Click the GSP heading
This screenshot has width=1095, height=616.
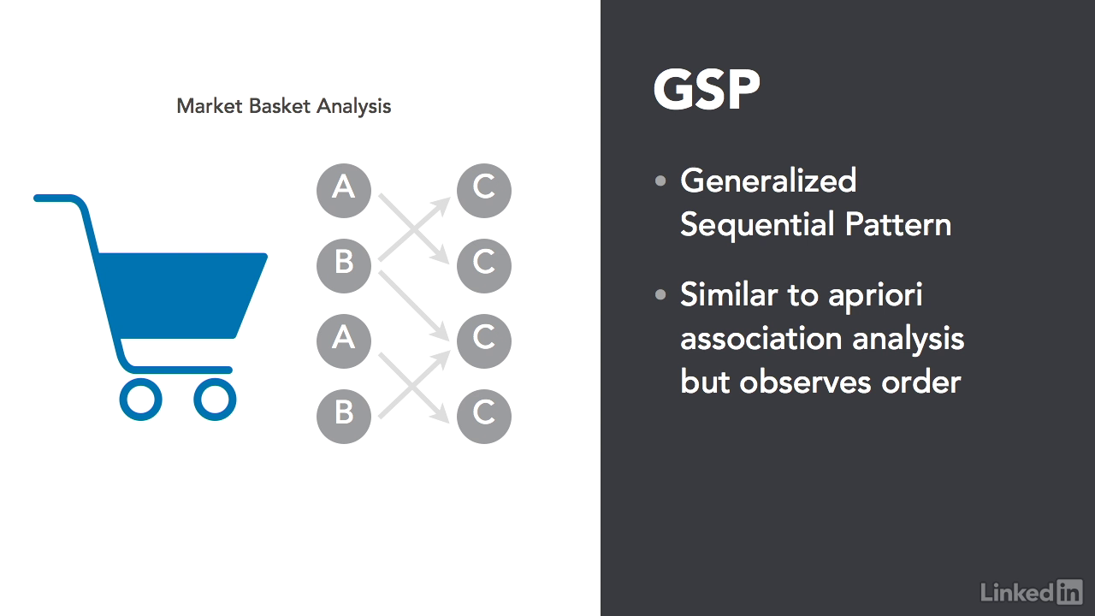click(x=707, y=89)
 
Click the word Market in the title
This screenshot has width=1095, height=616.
click(x=210, y=106)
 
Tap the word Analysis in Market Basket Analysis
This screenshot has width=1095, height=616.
click(x=354, y=107)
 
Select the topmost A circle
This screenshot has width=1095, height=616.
click(x=344, y=190)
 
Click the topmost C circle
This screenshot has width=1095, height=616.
click(x=484, y=190)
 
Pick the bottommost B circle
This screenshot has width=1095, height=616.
click(x=344, y=416)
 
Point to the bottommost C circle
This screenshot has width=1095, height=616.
click(x=484, y=416)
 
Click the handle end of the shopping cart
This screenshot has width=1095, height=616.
click(x=37, y=198)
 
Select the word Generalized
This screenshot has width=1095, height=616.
click(x=768, y=181)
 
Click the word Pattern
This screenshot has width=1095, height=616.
click(x=898, y=224)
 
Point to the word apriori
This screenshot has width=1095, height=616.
click(x=875, y=296)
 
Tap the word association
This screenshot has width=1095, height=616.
click(x=761, y=338)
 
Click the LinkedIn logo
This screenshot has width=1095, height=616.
click(x=1032, y=593)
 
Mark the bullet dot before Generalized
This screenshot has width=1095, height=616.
click(x=660, y=181)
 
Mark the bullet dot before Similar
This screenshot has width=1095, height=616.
click(x=660, y=295)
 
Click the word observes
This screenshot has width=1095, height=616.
click(x=805, y=382)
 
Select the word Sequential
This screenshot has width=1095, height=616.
click(x=757, y=224)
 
